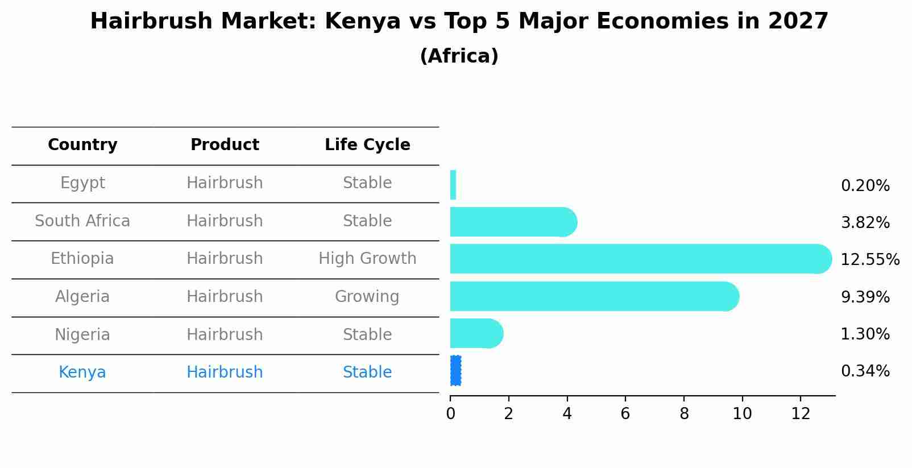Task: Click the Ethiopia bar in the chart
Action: coord(637,259)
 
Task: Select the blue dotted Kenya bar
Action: coord(455,371)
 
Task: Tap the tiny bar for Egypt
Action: coord(453,185)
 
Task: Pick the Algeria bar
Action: coord(591,296)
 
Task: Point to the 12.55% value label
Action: coord(869,260)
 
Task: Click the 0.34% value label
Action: coord(865,371)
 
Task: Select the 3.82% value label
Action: coord(865,223)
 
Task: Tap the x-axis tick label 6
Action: coord(625,414)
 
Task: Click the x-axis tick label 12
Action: coord(801,414)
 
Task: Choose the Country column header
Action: coord(82,145)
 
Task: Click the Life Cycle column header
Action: coord(367,145)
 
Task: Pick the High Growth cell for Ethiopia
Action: coord(367,259)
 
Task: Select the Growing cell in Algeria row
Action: coord(367,297)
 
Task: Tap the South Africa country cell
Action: coord(82,221)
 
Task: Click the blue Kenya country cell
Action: coord(82,372)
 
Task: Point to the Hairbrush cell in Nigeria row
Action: coord(225,334)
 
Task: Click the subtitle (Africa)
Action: coord(459,56)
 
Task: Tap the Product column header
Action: coord(225,145)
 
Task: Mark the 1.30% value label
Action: coord(865,334)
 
